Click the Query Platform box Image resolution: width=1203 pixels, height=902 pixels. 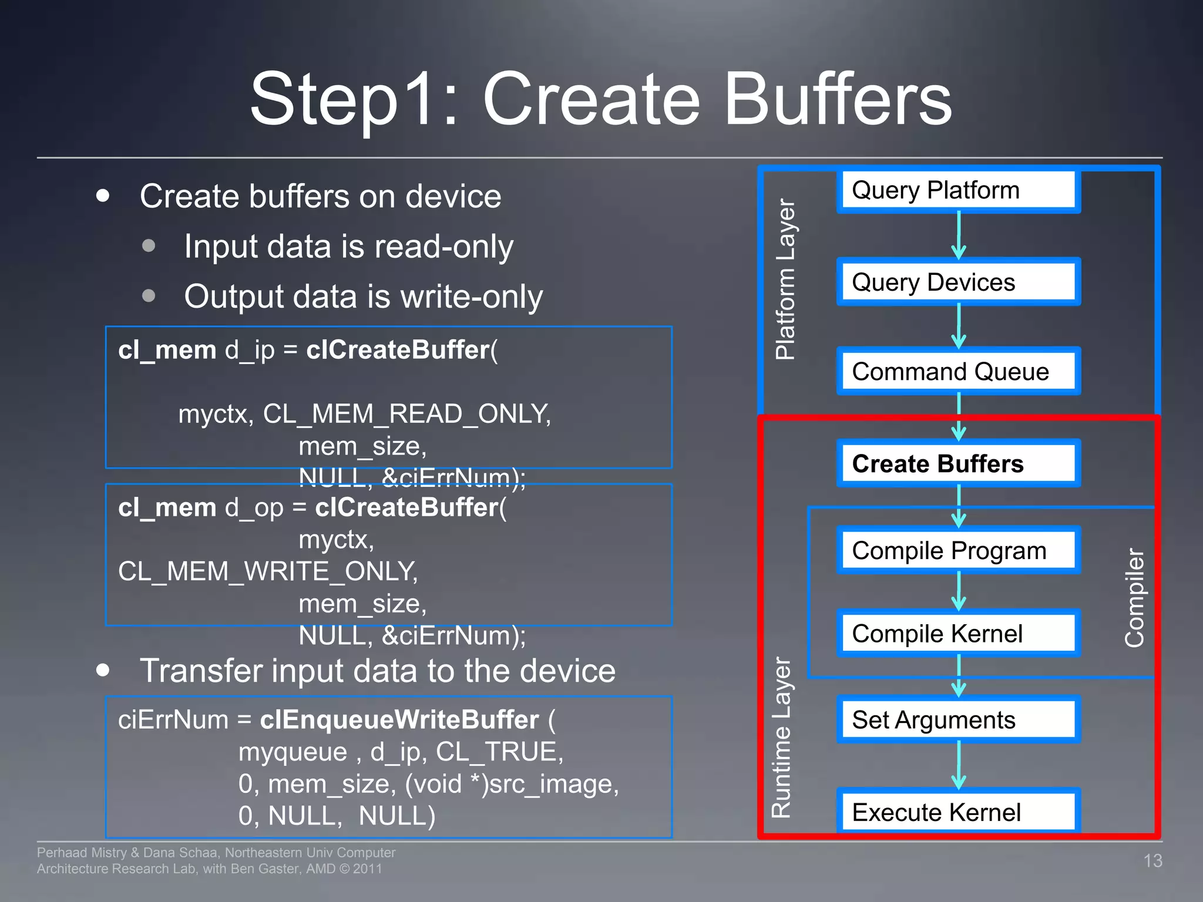coord(958,190)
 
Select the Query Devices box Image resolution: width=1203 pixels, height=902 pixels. coord(958,282)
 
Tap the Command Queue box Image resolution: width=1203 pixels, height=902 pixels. coord(958,372)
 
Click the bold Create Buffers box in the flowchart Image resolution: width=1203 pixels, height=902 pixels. coord(958,464)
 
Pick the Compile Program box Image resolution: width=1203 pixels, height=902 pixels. coord(958,551)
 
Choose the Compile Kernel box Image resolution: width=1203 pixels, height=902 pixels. coord(958,634)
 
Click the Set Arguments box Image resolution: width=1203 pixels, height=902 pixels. coord(958,720)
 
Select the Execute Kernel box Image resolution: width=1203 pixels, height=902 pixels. coord(958,812)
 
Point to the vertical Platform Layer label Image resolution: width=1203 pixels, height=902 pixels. coord(785,279)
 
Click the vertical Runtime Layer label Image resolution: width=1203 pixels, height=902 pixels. coord(781,738)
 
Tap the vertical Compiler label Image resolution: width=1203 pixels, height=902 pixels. coord(1134,598)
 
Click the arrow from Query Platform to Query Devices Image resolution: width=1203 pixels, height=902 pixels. coord(959,235)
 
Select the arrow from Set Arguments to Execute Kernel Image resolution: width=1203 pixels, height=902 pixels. coord(959,765)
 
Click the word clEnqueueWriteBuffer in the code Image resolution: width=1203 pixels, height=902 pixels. coord(399,720)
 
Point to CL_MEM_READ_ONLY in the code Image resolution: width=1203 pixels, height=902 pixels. coord(406,414)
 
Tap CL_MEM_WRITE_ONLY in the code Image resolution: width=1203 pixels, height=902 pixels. coord(268,571)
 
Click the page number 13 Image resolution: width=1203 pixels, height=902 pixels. coord(1152,861)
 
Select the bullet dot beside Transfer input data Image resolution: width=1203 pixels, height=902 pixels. coord(103,670)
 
